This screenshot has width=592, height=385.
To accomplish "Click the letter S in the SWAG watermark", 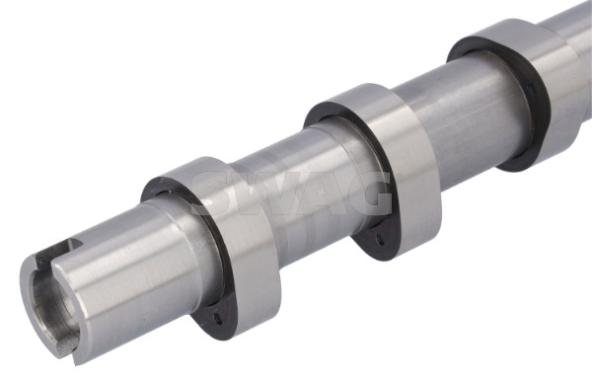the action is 214,193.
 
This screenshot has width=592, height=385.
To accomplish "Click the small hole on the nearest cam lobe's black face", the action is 218,317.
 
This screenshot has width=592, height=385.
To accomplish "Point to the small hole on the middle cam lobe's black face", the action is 380,239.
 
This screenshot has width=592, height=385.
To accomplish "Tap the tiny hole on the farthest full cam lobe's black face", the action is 532,90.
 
